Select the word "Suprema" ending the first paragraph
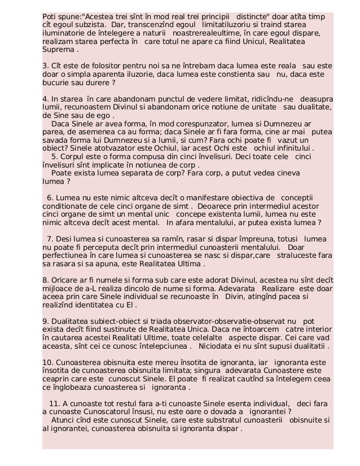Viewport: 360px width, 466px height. point(59,50)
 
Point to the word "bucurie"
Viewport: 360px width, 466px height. point(58,84)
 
